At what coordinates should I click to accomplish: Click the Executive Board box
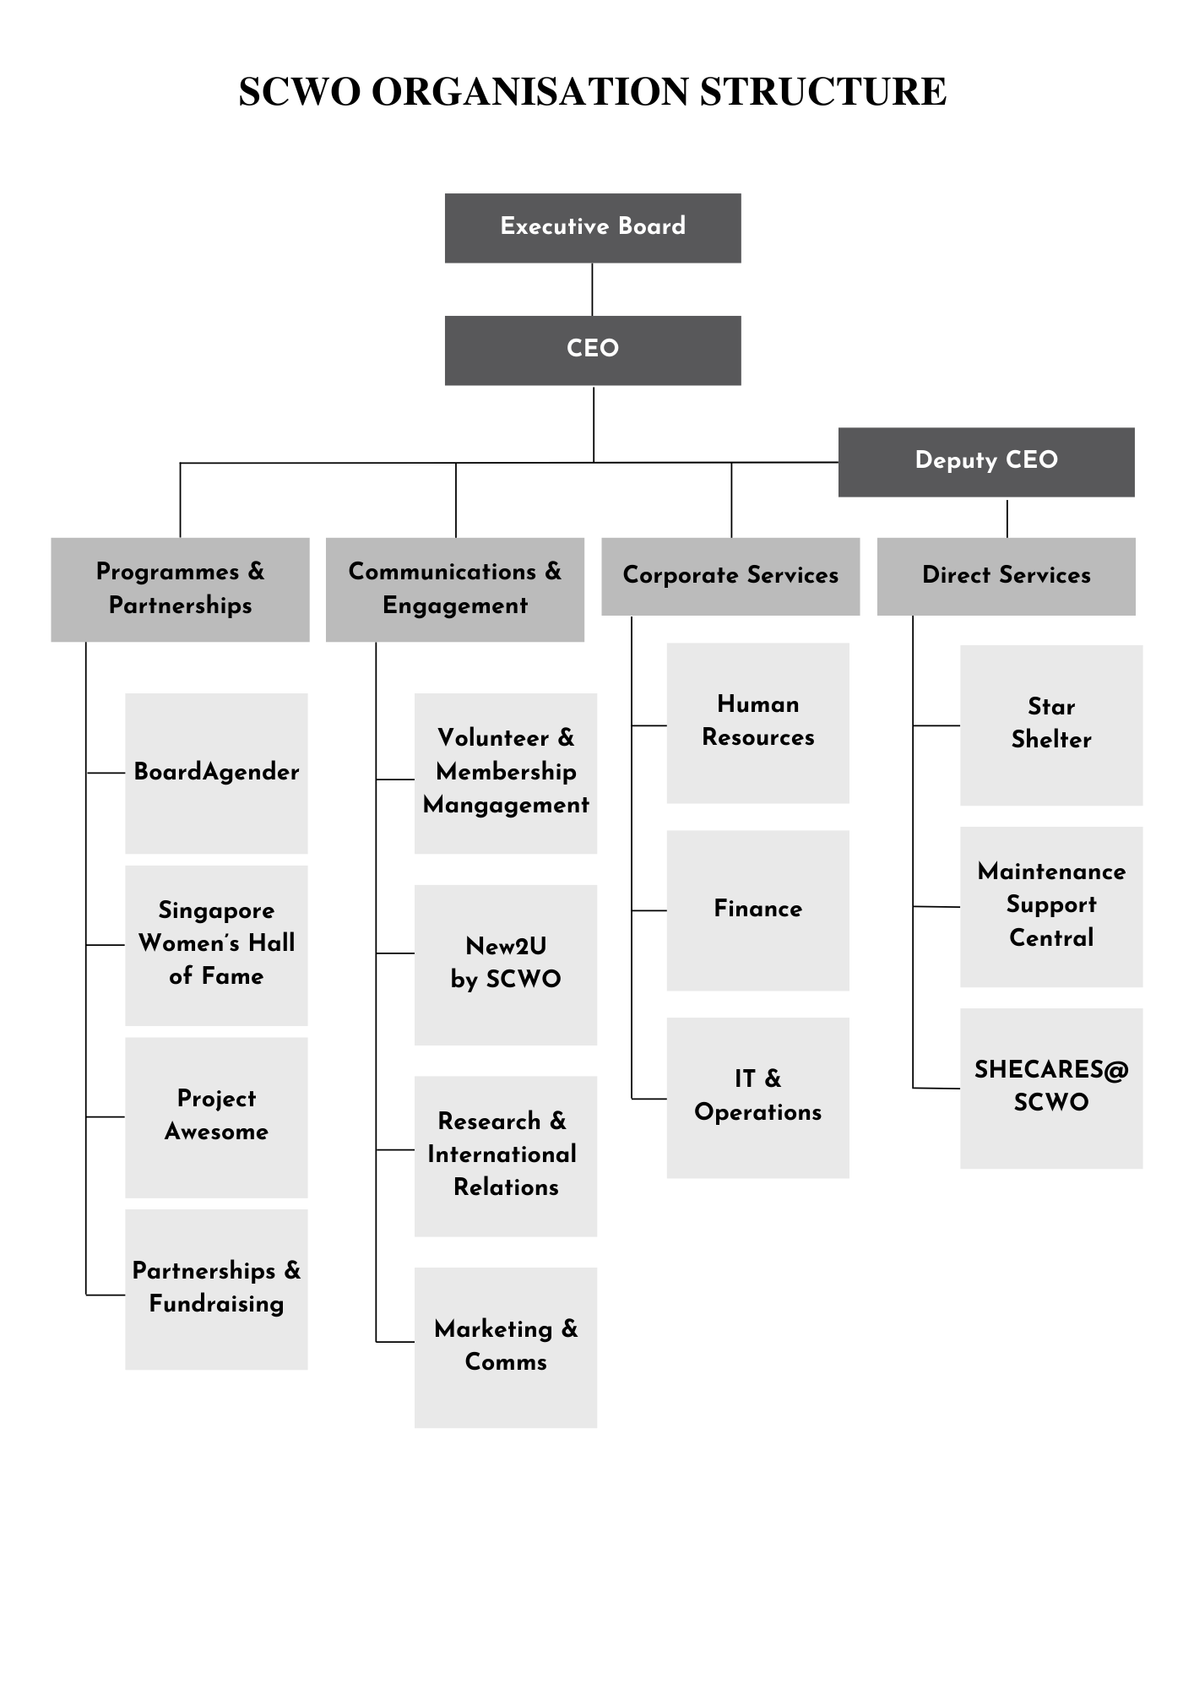(593, 228)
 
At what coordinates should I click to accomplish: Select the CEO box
(593, 350)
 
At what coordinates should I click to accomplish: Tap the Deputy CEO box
(986, 462)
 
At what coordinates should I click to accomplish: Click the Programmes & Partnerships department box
(180, 589)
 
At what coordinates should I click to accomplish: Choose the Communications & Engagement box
(455, 589)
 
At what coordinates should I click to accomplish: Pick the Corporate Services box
(730, 576)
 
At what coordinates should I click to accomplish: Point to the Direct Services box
(1006, 576)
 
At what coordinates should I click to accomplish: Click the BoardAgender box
(216, 773)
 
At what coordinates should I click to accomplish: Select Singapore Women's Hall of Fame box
(216, 945)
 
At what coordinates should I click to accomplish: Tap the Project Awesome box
(216, 1116)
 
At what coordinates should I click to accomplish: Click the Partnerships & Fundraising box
(216, 1289)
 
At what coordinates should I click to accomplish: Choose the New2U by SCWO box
(505, 964)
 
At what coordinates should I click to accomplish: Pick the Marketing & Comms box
(505, 1347)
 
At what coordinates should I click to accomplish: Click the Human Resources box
(757, 723)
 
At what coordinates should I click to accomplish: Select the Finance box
(757, 910)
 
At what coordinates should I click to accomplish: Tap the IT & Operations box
(757, 1097)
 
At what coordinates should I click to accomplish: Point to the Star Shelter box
(1050, 725)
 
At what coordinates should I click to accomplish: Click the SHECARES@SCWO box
(1050, 1088)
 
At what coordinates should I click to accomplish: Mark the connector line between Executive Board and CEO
(592, 290)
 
